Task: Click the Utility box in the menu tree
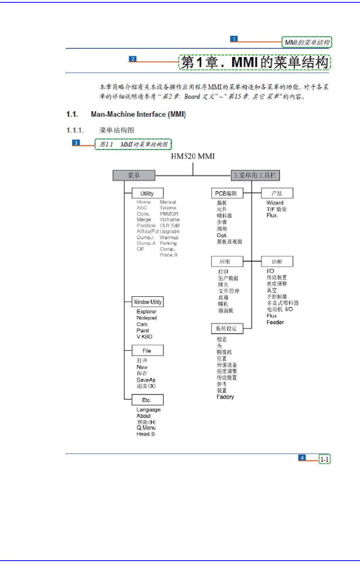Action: pos(147,193)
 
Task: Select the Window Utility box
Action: pos(148,302)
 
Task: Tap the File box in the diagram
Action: pos(147,351)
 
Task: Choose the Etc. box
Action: pos(147,400)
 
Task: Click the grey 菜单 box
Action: pos(134,175)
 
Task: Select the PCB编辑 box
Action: pos(227,193)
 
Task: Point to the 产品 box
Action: pos(277,193)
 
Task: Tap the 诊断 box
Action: pos(277,261)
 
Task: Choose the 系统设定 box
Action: pos(227,329)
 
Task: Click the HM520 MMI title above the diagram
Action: pos(193,156)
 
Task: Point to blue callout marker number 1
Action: pos(234,39)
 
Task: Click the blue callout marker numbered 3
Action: pos(76,142)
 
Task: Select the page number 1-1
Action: pos(325,459)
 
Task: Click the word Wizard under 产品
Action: pos(275,203)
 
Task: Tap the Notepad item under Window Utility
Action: pos(146,318)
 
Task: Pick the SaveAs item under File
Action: pos(146,380)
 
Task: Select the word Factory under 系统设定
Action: pos(225,397)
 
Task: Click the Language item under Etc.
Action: pos(148,409)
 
